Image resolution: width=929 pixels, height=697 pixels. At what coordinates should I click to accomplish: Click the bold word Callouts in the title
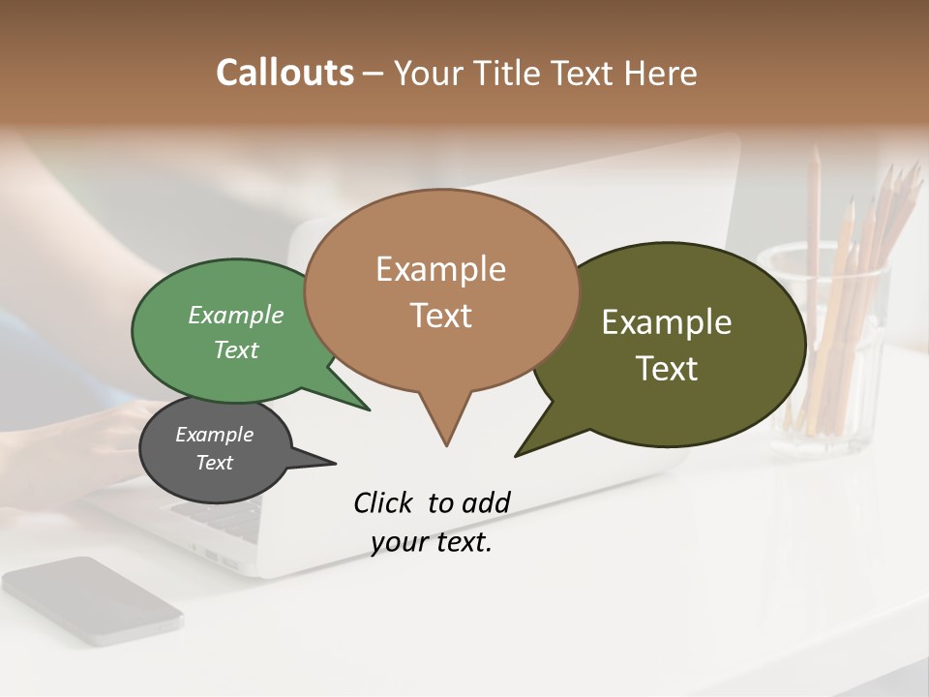[285, 73]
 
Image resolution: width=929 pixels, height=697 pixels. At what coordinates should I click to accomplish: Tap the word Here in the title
[661, 73]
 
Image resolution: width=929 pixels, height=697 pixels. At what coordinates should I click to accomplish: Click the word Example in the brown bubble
[440, 269]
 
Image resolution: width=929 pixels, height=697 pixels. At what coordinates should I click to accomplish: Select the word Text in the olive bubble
[667, 369]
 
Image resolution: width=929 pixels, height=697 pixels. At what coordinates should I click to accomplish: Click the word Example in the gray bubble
[214, 435]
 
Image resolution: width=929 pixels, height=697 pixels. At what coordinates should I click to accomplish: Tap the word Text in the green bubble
[236, 349]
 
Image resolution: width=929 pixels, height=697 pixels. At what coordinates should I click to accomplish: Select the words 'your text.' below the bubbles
[432, 543]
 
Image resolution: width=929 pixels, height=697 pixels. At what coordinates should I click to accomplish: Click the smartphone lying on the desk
[92, 600]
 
